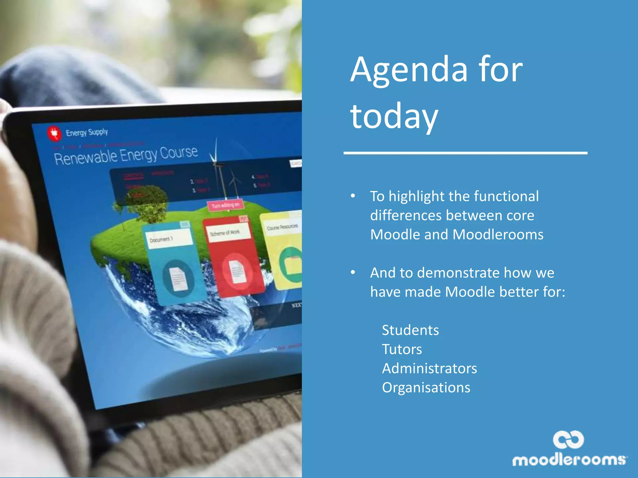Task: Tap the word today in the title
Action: coord(394,117)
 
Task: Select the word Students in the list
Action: coord(410,330)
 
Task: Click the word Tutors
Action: coord(402,349)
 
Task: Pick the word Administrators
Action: coord(429,368)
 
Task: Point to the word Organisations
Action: coord(426,388)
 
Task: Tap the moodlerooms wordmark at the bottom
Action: coord(569,460)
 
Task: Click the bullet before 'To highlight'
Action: coord(353,196)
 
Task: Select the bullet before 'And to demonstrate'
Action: coord(353,273)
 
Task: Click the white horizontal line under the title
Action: coord(465,153)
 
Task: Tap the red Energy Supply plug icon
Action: coord(54,133)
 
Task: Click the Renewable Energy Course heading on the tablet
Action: coord(126,155)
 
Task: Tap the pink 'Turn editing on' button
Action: coord(226,205)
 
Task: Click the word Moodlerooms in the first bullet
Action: coord(498,235)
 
